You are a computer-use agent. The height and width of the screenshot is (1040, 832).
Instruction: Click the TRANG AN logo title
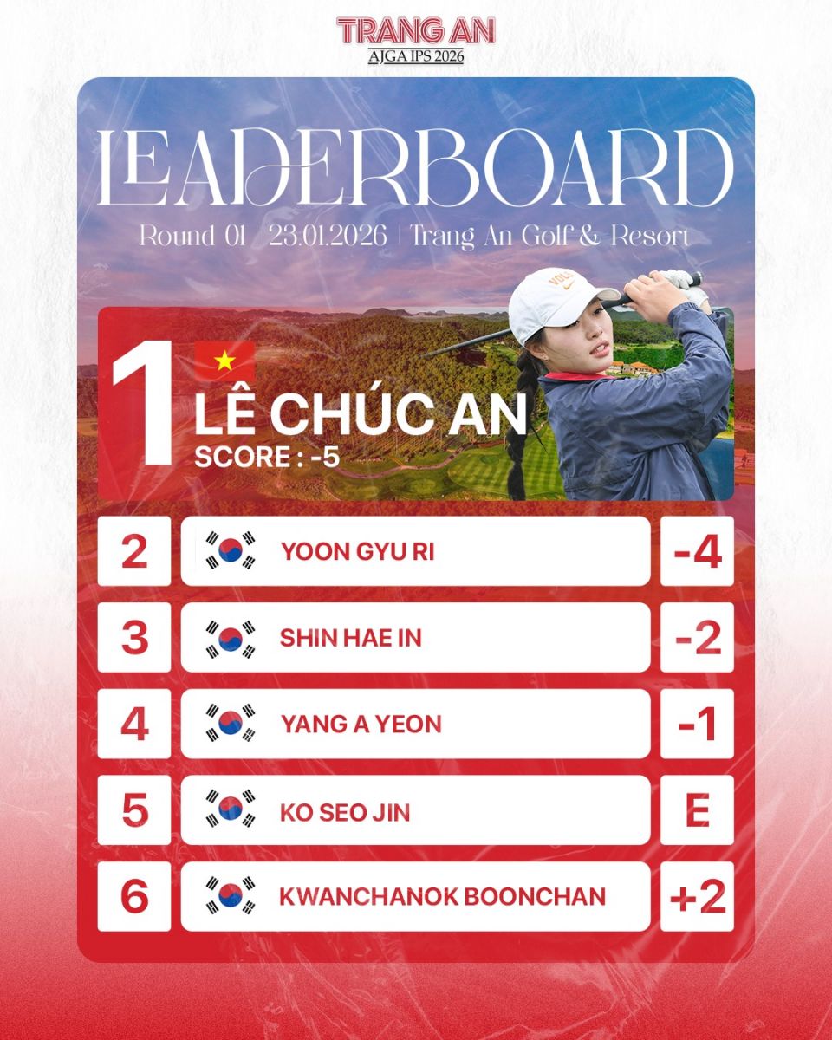(x=416, y=30)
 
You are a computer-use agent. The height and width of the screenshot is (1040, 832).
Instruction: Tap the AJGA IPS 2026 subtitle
(x=416, y=56)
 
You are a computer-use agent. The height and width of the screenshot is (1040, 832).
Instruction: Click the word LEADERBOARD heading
(x=416, y=171)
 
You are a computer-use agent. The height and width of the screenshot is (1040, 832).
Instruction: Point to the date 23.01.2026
(x=328, y=236)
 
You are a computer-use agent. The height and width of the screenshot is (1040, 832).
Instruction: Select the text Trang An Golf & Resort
(x=549, y=236)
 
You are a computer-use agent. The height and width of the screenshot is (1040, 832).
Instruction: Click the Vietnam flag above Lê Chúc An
(x=224, y=361)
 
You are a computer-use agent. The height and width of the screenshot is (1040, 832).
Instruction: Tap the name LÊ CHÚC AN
(x=360, y=415)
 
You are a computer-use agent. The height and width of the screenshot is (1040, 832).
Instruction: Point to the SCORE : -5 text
(x=266, y=457)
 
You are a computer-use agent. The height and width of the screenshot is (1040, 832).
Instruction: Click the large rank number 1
(x=143, y=407)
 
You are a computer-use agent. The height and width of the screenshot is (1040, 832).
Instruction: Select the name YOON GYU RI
(x=357, y=551)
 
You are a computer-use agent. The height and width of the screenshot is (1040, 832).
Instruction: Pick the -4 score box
(x=697, y=551)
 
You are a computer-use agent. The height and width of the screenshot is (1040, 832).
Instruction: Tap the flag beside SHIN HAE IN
(x=231, y=638)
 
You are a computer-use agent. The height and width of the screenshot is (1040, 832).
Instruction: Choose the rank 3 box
(x=134, y=638)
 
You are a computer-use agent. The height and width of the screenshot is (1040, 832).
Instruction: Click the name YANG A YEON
(x=361, y=725)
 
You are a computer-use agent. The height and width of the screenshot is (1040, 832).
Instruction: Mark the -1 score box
(x=697, y=725)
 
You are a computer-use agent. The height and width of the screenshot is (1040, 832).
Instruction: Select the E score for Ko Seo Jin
(x=697, y=811)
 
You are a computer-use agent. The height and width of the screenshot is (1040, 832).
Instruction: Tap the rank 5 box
(x=134, y=811)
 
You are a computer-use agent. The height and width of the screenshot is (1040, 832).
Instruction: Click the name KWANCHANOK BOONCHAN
(x=442, y=897)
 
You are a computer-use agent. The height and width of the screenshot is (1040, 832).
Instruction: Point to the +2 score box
(x=697, y=897)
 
